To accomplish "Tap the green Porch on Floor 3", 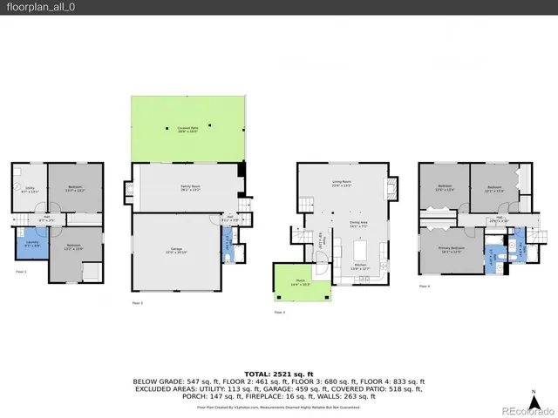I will (x=297, y=283).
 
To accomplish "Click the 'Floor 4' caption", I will (x=424, y=286).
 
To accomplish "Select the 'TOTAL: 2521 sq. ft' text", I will (x=279, y=372).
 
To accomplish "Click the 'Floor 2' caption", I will (x=137, y=303).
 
